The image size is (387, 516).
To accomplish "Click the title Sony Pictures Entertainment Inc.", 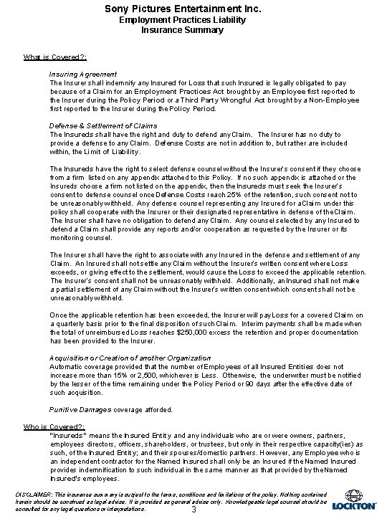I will (x=193, y=8).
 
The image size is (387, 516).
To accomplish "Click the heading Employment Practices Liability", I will (x=193, y=20).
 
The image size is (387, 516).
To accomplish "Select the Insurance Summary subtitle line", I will (x=193, y=30).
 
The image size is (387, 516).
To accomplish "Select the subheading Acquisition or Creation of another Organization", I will (x=130, y=357).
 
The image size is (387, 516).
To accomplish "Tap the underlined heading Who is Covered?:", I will (x=54, y=426).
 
